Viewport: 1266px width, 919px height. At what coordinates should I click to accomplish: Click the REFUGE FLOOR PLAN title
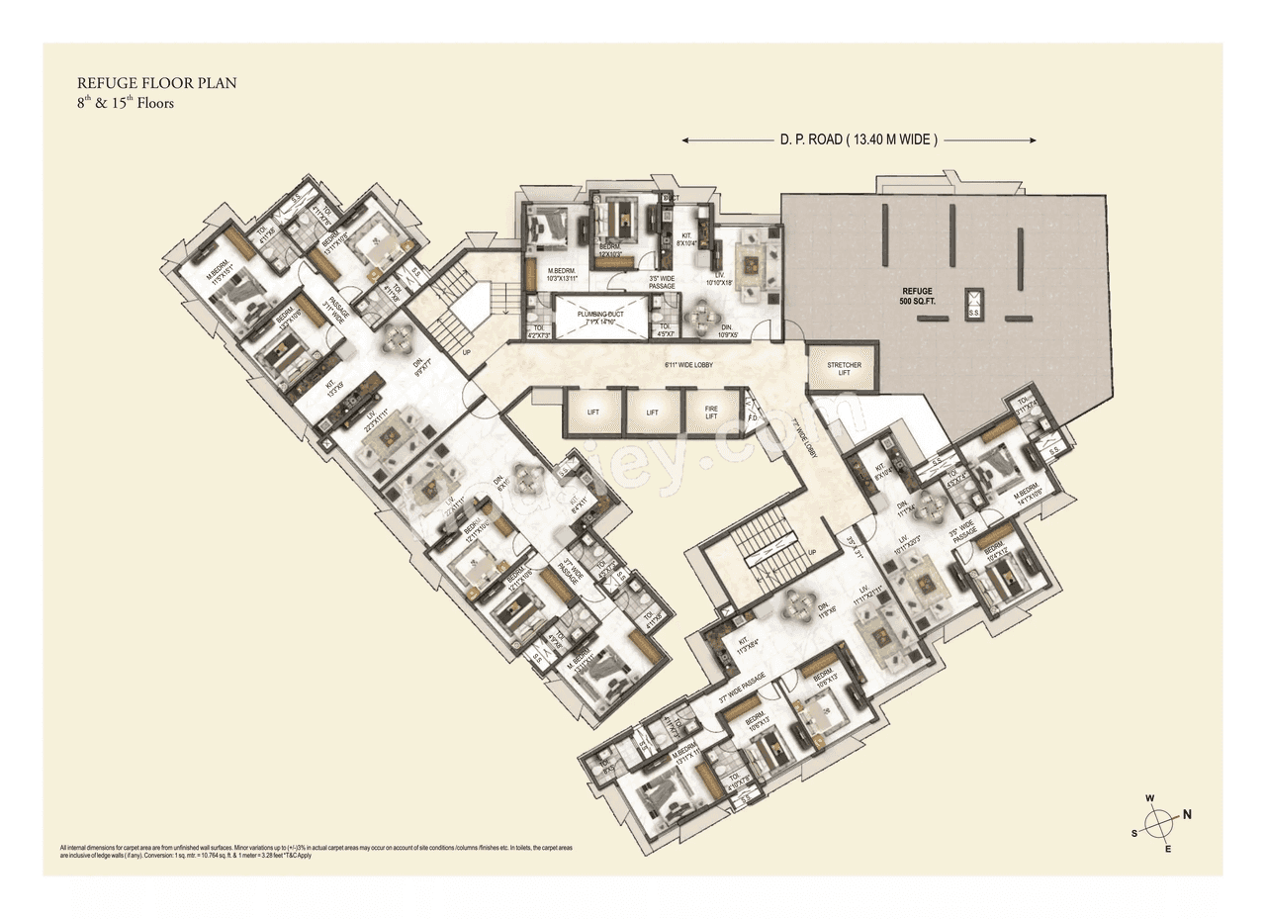coord(156,84)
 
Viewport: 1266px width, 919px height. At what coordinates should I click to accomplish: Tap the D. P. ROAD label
coord(858,140)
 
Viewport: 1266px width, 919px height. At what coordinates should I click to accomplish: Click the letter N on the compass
coord(1187,815)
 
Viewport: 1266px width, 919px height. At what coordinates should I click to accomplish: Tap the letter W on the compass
coord(1149,797)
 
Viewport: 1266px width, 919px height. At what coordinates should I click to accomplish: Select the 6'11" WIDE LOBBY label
coord(689,365)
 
